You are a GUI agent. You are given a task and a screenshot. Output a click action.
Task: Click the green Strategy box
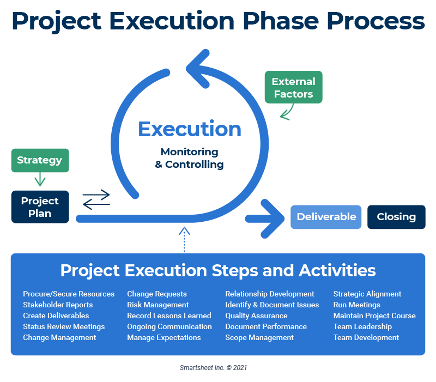click(x=40, y=160)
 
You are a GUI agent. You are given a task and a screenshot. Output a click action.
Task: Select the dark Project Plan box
click(x=40, y=207)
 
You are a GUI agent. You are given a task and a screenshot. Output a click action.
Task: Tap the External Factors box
click(x=294, y=87)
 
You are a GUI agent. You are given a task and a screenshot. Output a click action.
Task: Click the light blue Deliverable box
click(x=326, y=217)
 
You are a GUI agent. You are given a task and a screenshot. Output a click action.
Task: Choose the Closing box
click(x=396, y=217)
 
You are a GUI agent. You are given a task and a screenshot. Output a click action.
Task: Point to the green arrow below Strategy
click(x=40, y=179)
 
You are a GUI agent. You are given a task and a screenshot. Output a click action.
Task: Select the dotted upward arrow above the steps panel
click(x=184, y=240)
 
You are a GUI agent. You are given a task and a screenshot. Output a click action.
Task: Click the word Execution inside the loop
click(x=190, y=129)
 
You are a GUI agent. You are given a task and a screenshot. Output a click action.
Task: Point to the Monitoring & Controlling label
click(x=189, y=158)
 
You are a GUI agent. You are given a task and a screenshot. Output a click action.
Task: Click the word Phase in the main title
click(x=281, y=21)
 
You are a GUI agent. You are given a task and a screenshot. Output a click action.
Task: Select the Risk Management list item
click(x=158, y=305)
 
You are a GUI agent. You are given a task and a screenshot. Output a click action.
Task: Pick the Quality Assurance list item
click(x=256, y=316)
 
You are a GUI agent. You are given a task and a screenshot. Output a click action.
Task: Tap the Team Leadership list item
click(x=362, y=326)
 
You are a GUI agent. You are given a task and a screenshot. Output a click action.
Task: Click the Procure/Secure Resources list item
click(x=69, y=294)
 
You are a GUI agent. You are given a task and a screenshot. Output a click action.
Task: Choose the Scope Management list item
click(x=259, y=337)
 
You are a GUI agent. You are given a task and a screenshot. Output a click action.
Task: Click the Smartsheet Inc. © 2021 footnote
click(x=213, y=368)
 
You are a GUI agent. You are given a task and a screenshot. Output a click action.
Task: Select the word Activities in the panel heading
click(x=337, y=270)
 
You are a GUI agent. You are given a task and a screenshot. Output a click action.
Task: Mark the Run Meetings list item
click(x=357, y=305)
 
